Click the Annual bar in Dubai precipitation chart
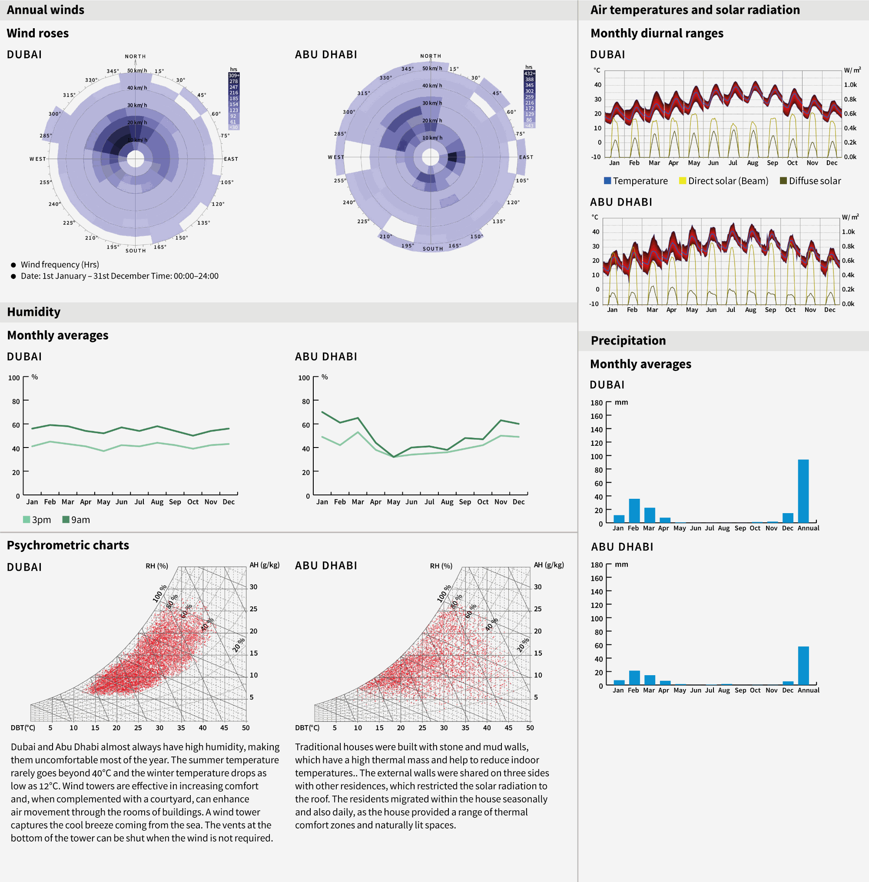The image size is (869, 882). [803, 491]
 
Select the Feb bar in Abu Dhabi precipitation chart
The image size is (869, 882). [634, 678]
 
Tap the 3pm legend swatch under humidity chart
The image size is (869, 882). [27, 519]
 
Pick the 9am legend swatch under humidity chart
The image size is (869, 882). [66, 519]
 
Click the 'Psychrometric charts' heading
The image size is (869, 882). [68, 545]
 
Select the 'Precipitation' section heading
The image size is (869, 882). [628, 340]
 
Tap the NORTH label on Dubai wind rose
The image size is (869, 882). [136, 56]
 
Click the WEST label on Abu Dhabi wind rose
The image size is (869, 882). [336, 157]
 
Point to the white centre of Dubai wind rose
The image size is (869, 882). [136, 159]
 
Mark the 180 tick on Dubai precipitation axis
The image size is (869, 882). [597, 402]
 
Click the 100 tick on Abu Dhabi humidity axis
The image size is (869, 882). [304, 378]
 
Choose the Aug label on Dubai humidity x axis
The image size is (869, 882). [157, 502]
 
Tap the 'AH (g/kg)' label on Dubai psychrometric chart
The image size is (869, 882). [264, 565]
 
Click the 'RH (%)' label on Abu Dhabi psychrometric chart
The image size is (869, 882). [441, 566]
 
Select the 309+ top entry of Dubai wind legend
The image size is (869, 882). [234, 75]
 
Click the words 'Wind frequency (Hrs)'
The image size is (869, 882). [60, 265]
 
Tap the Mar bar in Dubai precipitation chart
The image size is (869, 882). [650, 515]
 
